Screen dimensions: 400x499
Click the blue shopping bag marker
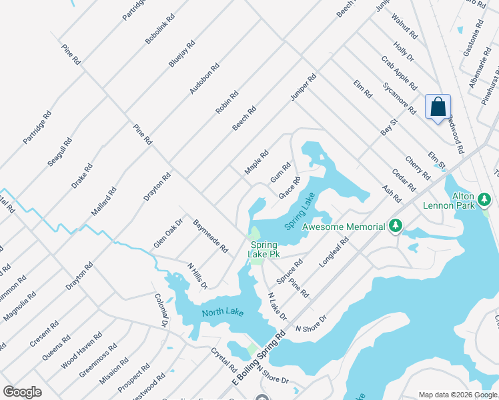438,107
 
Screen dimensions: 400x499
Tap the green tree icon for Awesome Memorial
396,227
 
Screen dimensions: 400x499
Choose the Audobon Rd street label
205,78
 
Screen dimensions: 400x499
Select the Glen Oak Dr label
168,233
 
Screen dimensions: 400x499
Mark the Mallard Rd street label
104,202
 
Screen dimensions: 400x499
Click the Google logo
22,392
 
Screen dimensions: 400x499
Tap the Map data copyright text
457,395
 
